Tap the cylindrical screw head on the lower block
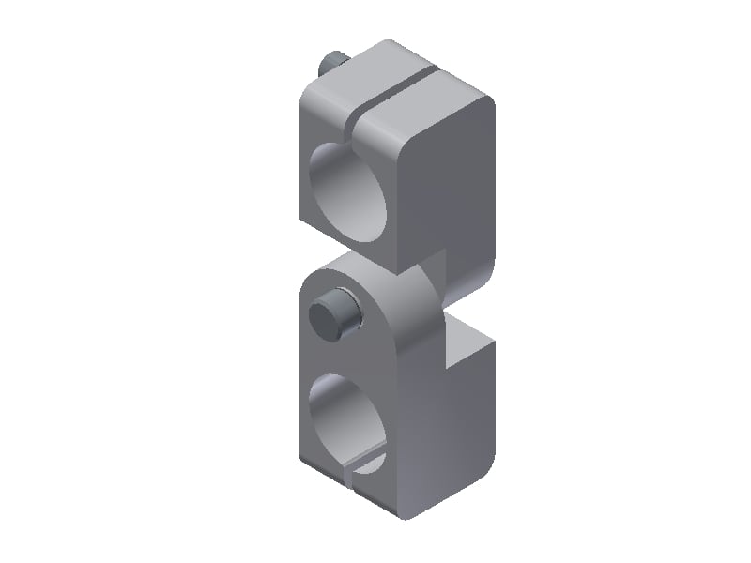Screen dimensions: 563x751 click(333, 313)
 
